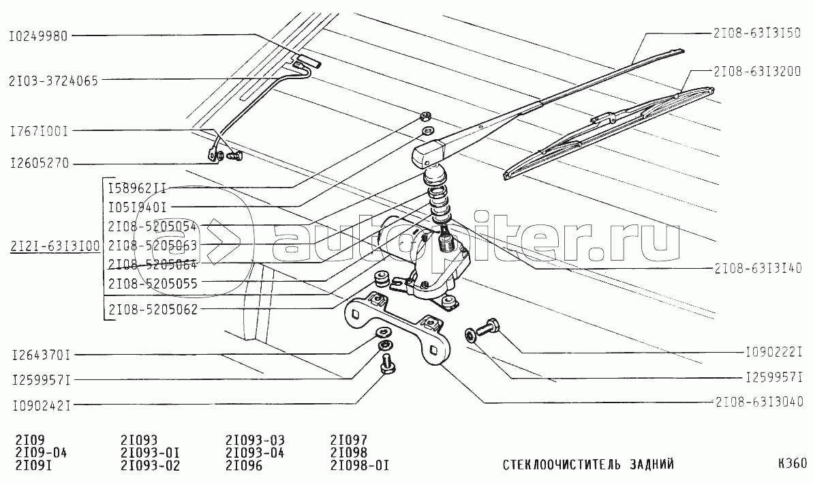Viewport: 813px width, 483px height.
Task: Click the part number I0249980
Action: coord(38,36)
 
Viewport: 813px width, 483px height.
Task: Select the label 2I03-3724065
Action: coord(53,80)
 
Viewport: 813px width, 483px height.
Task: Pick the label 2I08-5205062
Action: coord(153,310)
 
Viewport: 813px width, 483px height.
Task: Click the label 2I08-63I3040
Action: coord(758,402)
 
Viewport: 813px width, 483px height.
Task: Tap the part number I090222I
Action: coord(773,352)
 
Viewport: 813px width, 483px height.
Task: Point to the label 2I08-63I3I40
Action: coord(758,267)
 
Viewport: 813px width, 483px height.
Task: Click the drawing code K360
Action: coord(793,463)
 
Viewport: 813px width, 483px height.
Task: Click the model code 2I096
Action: coord(244,465)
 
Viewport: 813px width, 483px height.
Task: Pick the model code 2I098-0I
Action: coord(359,465)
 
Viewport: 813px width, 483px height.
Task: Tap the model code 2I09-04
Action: coord(42,453)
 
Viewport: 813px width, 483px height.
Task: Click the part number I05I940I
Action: coord(137,207)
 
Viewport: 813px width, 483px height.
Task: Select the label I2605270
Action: coord(40,164)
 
